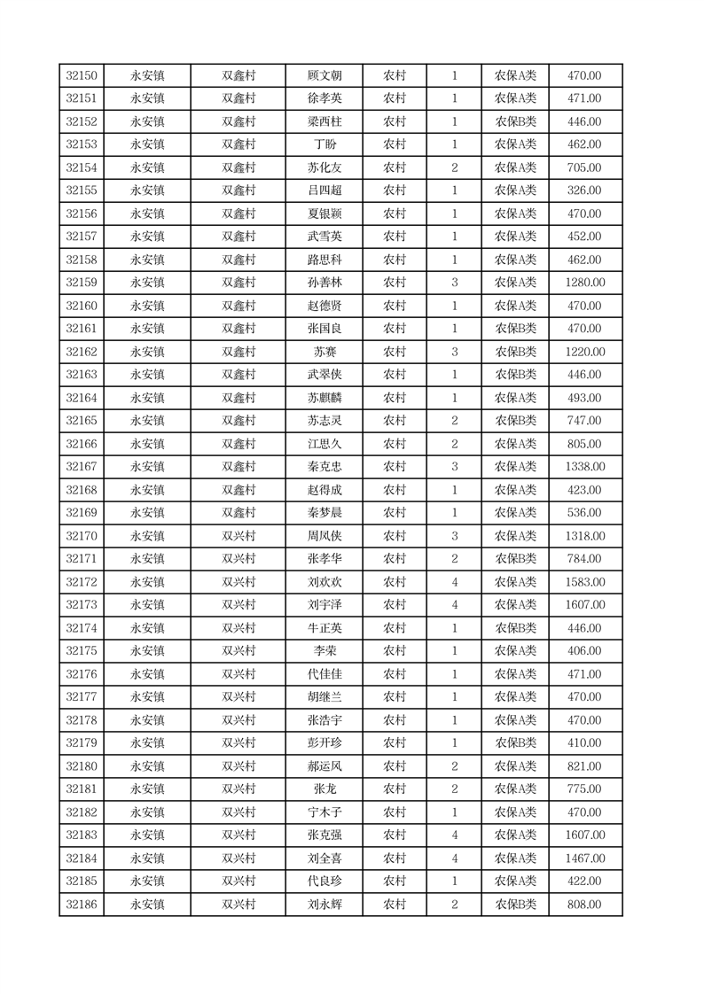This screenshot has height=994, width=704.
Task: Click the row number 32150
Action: [x=82, y=75]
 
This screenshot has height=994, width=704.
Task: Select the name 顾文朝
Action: [x=324, y=75]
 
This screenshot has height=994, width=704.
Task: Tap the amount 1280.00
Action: [x=585, y=283]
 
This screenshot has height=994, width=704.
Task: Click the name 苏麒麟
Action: [x=324, y=398]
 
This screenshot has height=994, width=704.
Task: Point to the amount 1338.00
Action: [x=585, y=467]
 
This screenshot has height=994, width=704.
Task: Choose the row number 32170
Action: [x=82, y=536]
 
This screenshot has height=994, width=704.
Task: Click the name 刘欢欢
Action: [x=324, y=582]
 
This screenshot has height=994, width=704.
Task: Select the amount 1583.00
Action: [x=585, y=582]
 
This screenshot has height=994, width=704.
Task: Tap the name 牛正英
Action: [x=324, y=628]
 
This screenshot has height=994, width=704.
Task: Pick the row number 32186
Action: [x=82, y=905]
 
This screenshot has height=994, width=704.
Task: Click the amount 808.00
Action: [x=585, y=905]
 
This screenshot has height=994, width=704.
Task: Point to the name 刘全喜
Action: [x=324, y=858]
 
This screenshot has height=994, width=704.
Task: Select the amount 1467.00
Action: [x=585, y=858]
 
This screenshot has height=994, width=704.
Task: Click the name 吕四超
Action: [x=324, y=190]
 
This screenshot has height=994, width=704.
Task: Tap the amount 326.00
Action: [x=585, y=190]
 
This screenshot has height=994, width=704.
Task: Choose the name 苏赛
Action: [x=324, y=352]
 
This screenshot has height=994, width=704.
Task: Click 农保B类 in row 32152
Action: [x=515, y=121]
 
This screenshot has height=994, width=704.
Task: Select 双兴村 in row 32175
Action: [x=239, y=651]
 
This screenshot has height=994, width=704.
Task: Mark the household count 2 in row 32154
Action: [x=455, y=167]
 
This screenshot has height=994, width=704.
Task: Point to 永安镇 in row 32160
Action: [x=147, y=306]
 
